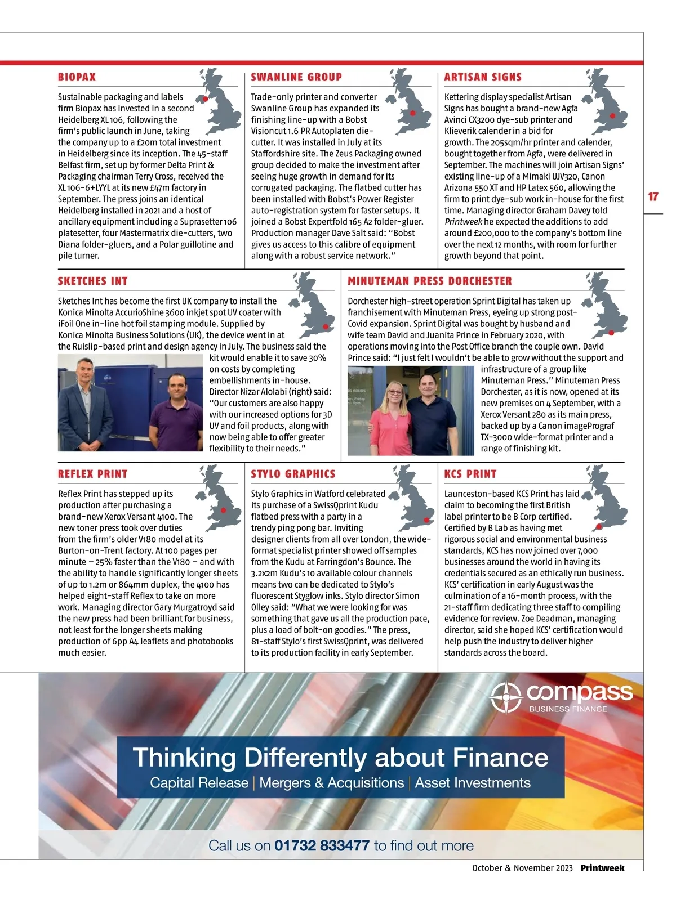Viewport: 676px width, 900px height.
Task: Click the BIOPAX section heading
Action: click(77, 77)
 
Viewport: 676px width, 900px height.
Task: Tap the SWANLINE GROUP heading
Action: click(296, 77)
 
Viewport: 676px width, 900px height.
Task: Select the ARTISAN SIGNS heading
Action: click(483, 77)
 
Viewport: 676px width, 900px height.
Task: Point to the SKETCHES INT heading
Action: click(92, 281)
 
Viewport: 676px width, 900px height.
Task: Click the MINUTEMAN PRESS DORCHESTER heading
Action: click(430, 281)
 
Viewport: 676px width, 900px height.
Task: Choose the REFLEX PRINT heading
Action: click(92, 474)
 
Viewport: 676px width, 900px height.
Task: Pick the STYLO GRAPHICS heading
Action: click(293, 474)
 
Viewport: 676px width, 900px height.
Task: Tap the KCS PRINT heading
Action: click(470, 474)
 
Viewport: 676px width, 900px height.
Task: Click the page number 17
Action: click(653, 196)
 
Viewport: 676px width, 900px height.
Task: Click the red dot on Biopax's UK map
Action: click(205, 98)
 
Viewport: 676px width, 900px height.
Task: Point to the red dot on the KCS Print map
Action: click(599, 527)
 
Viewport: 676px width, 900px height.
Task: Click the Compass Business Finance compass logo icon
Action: click(505, 698)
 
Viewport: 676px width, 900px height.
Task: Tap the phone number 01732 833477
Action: click(322, 845)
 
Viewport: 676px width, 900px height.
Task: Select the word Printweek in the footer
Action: click(602, 868)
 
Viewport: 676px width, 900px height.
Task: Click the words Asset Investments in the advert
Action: click(473, 783)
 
